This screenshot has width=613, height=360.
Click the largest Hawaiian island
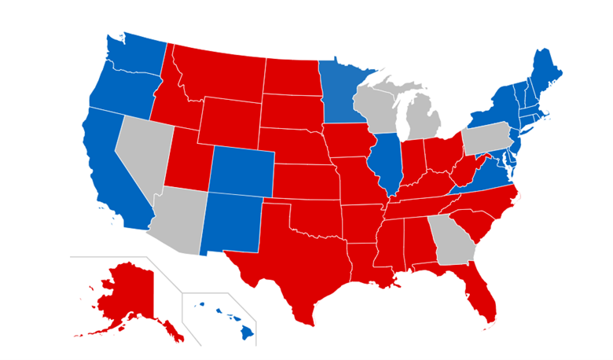[248, 332]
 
